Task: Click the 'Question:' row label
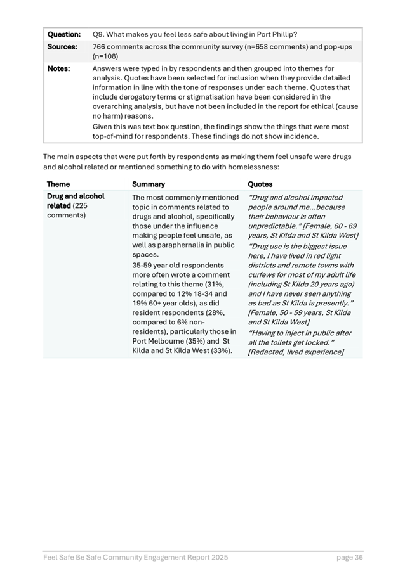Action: point(63,34)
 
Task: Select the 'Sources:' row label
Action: point(62,47)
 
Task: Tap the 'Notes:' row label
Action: point(58,68)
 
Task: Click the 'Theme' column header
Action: point(58,184)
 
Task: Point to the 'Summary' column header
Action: point(149,184)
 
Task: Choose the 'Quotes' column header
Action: point(260,184)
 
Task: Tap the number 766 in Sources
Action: point(100,47)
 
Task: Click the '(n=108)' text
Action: point(105,56)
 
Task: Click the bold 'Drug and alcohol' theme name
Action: point(76,196)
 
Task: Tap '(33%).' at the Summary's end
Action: point(220,350)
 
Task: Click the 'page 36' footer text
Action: point(349,558)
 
